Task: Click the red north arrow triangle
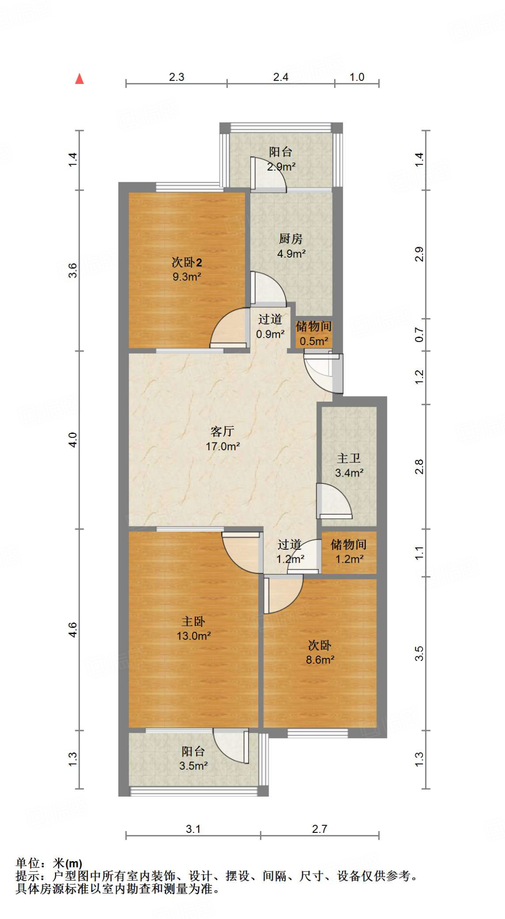79,79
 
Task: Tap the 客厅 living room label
222,431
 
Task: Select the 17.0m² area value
222,446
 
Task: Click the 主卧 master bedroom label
193,621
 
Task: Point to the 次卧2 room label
187,262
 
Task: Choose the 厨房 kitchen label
291,239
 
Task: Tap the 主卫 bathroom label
348,458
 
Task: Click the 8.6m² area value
320,660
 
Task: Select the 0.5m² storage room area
314,341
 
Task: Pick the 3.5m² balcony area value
193,766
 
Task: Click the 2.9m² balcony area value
281,167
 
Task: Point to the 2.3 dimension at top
177,77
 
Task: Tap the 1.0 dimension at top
357,77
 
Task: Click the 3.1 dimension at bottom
193,829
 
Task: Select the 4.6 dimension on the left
73,630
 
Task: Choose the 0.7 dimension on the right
419,335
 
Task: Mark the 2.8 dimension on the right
419,467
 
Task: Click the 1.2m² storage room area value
349,559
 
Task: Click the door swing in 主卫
334,501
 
